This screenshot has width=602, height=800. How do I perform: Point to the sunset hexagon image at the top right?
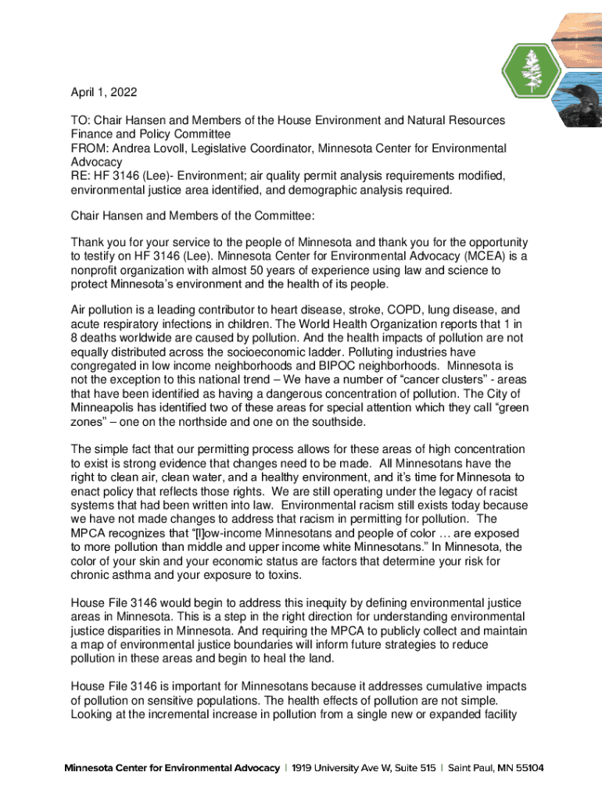575,30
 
